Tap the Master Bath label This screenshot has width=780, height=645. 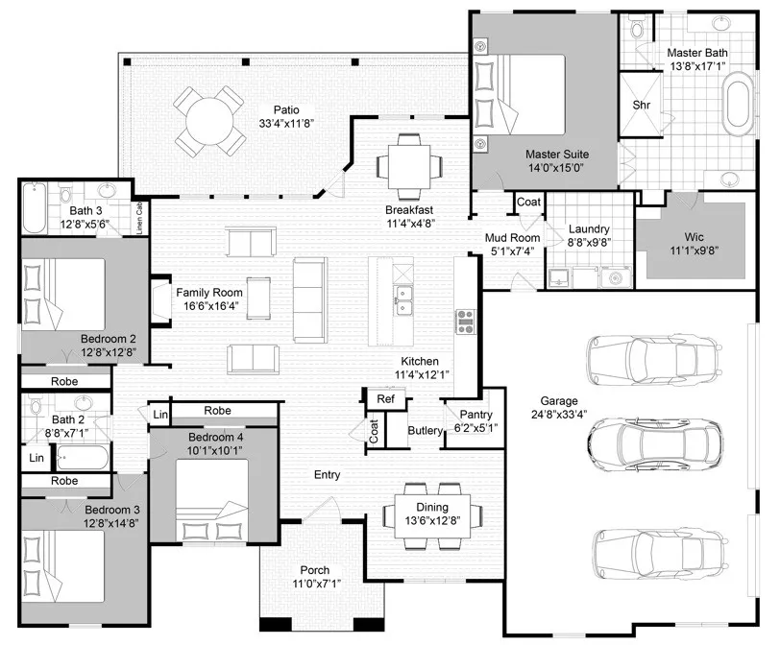[x=697, y=53]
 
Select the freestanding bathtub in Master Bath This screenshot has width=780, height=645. [x=739, y=104]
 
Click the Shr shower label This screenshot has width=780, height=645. [x=642, y=105]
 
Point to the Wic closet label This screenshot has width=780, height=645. [x=694, y=237]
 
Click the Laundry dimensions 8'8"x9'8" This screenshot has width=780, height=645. [x=589, y=243]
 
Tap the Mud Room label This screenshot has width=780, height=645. [x=512, y=238]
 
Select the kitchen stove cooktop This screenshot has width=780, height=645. [x=466, y=322]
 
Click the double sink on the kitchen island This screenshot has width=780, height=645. [x=402, y=300]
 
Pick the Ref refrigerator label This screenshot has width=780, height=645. [x=385, y=399]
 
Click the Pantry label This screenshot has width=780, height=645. [x=476, y=415]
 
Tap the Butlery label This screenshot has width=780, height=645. [x=425, y=431]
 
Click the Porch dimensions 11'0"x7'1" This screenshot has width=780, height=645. [x=316, y=584]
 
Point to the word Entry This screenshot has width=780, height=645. [x=327, y=475]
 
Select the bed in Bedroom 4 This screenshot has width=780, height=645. [x=212, y=500]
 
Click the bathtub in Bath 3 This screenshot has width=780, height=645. [x=34, y=208]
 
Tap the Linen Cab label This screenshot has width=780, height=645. [x=140, y=218]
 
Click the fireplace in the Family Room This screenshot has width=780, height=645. [x=160, y=301]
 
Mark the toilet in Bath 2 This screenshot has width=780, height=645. [x=35, y=405]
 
